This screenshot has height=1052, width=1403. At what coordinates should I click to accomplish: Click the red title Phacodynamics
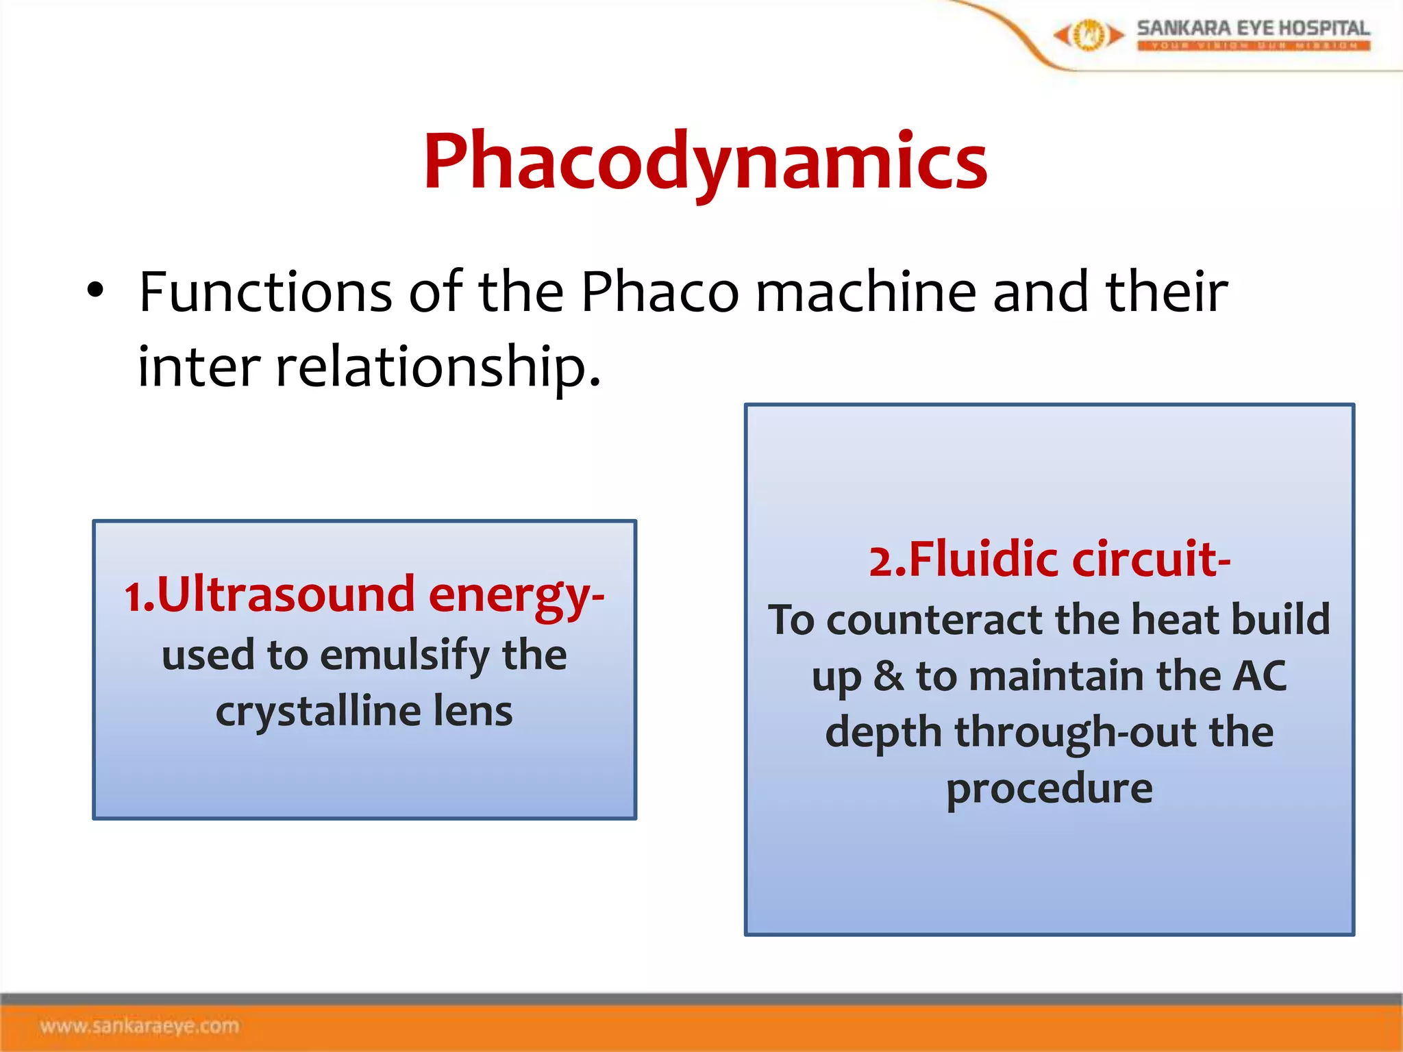705,162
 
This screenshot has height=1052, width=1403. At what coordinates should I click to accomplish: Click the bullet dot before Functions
95,290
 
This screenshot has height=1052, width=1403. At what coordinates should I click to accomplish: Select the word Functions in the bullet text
265,292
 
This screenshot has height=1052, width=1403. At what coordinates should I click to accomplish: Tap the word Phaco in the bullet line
660,292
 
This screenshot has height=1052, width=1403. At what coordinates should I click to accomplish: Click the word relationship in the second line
438,368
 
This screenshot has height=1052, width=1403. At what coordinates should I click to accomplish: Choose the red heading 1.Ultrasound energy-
364,594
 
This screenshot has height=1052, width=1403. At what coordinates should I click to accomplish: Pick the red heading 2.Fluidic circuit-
1050,559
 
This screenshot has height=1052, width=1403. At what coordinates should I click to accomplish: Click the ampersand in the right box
889,676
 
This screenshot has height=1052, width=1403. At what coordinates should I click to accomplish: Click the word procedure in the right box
1050,789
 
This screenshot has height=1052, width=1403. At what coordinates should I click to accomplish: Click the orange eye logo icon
1088,34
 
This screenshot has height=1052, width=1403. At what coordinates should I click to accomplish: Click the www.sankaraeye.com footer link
140,1026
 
